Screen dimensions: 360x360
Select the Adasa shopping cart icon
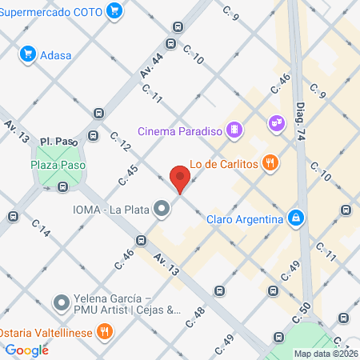pyautogui.click(x=29, y=54)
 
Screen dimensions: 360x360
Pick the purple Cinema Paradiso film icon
pyautogui.click(x=234, y=129)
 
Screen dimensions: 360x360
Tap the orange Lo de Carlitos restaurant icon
pyautogui.click(x=272, y=163)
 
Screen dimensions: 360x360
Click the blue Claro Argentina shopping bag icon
pyautogui.click(x=296, y=218)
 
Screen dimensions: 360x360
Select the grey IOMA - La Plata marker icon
pyautogui.click(x=162, y=210)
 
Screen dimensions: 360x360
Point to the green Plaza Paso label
pyautogui.click(x=58, y=165)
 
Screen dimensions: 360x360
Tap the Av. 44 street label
pyautogui.click(x=151, y=66)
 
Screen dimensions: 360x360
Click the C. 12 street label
pyautogui.click(x=120, y=142)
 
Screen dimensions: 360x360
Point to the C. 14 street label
pyautogui.click(x=41, y=231)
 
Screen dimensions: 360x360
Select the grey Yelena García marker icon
pyautogui.click(x=62, y=302)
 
